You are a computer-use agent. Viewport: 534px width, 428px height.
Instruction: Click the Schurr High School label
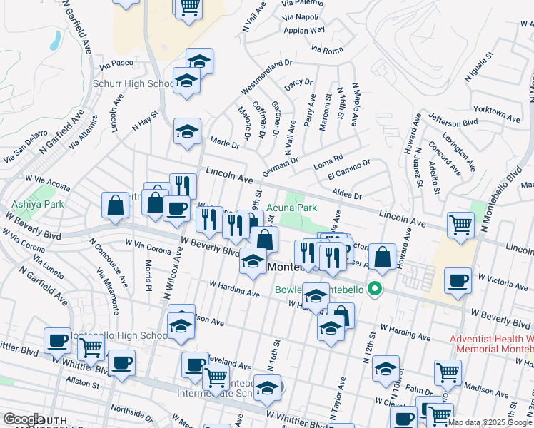pyautogui.click(x=133, y=83)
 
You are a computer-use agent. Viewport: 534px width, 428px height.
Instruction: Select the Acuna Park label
pyautogui.click(x=291, y=208)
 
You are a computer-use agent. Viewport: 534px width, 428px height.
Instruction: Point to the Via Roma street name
pyautogui.click(x=328, y=49)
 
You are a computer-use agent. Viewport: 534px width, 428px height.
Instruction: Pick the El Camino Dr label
pyautogui.click(x=348, y=169)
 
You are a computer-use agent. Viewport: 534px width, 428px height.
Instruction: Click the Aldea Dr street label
pyautogui.click(x=348, y=195)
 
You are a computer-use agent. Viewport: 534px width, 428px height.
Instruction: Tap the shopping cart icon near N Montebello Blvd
pyautogui.click(x=461, y=224)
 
